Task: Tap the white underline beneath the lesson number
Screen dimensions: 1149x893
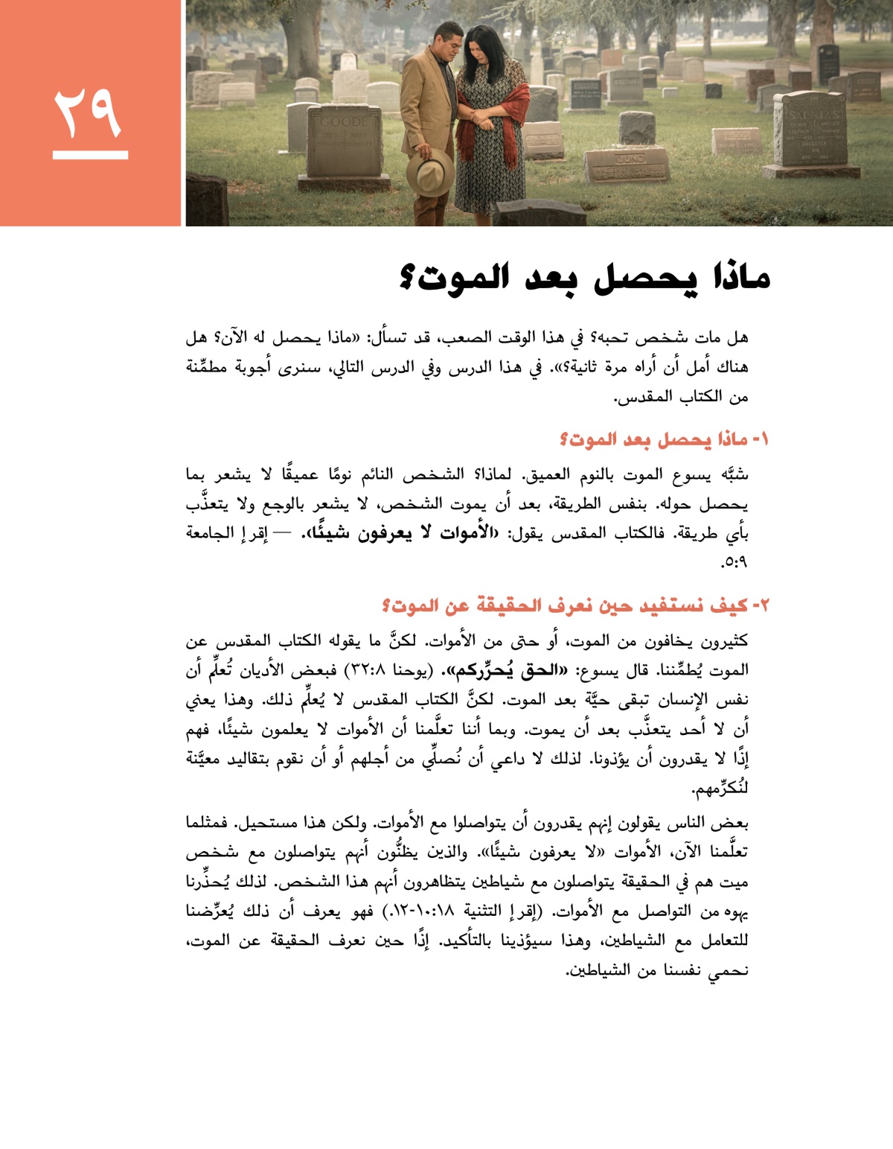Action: pos(90,156)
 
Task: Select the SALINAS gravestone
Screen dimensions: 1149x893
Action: pos(810,135)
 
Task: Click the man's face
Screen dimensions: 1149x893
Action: pos(448,43)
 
